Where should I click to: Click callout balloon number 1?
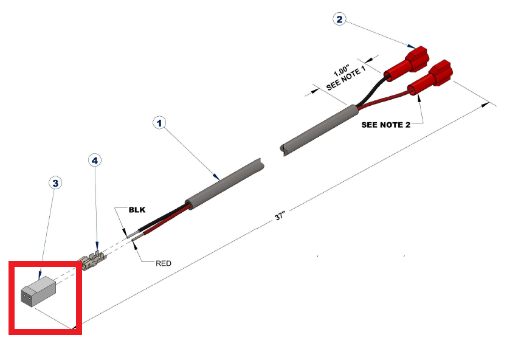click(159, 123)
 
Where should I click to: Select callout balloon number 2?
click(339, 19)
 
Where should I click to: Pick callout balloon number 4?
click(95, 160)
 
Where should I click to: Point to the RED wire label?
click(164, 263)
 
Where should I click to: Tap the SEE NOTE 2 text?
click(385, 125)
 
